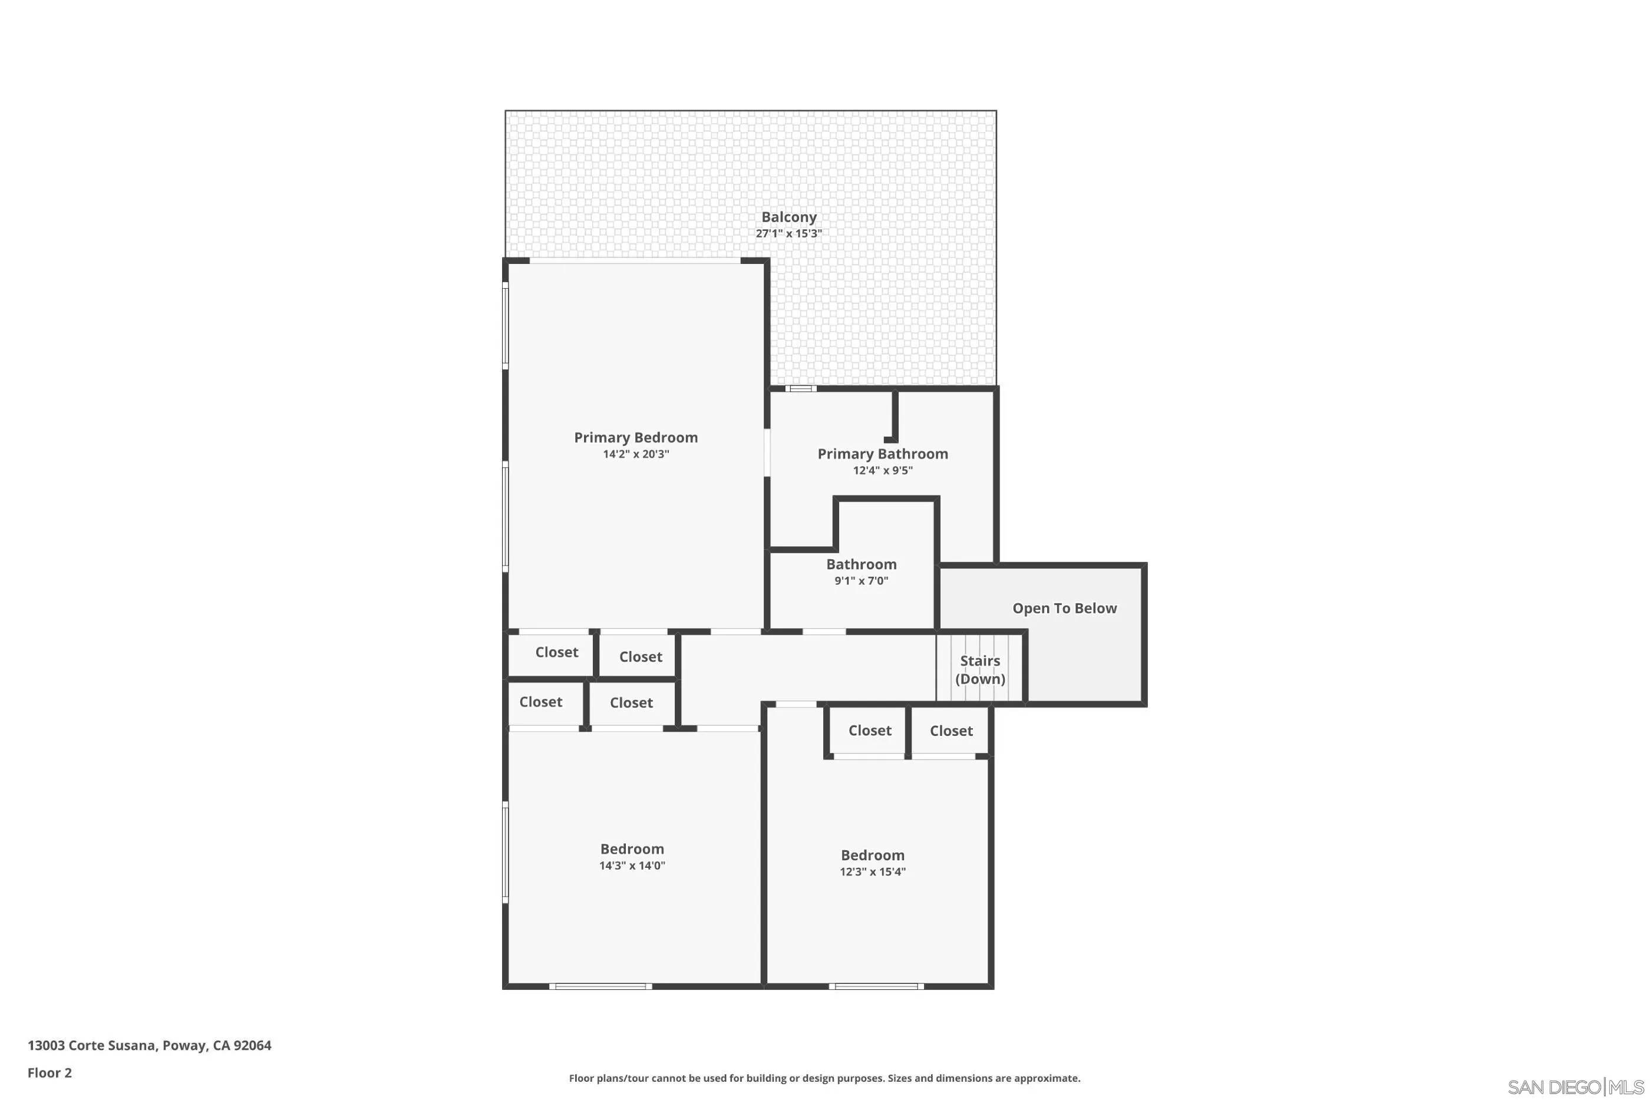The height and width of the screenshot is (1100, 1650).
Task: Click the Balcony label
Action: [x=788, y=217]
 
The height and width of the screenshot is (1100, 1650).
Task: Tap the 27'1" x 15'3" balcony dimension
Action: [x=788, y=233]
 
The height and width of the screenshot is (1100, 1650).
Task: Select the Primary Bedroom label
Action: [x=636, y=438]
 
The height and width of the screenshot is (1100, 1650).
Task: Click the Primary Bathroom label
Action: [x=883, y=454]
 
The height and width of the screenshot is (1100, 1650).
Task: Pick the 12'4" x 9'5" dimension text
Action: [x=883, y=471]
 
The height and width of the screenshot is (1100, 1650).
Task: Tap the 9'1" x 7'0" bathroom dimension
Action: [x=861, y=581]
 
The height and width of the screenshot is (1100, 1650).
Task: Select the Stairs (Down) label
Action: [x=980, y=670]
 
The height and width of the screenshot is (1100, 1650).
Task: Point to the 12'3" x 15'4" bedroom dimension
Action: [x=872, y=872]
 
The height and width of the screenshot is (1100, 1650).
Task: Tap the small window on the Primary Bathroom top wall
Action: [x=800, y=389]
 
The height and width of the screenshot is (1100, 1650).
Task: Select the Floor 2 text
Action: [x=49, y=1073]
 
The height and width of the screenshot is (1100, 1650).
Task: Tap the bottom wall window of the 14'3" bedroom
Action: [x=600, y=986]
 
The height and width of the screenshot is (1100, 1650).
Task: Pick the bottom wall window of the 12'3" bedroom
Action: [x=876, y=986]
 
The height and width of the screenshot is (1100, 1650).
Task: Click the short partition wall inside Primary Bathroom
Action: [x=895, y=417]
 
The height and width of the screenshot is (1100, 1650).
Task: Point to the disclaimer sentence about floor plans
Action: [x=824, y=1078]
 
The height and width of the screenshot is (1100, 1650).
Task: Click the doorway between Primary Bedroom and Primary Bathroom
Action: [x=767, y=452]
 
